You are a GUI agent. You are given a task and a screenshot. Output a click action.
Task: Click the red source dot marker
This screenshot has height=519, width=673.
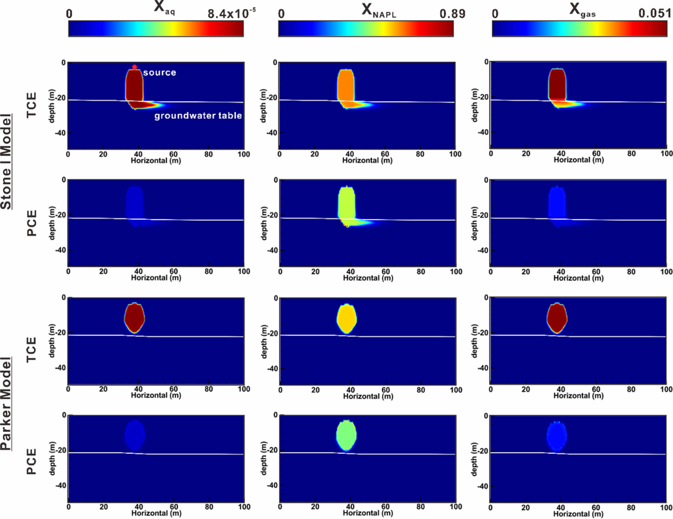coord(134,67)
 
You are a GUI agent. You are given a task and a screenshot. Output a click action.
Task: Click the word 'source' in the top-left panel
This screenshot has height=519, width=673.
coord(159,73)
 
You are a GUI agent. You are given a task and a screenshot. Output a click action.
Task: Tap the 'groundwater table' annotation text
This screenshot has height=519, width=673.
coord(198,116)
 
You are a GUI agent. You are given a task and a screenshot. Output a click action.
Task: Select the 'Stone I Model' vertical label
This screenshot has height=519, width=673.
coord(6,161)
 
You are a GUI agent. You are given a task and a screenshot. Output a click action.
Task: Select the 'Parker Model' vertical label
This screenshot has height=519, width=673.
coord(6,403)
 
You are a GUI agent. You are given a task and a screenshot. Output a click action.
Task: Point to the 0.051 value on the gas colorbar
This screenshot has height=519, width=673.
coord(655,13)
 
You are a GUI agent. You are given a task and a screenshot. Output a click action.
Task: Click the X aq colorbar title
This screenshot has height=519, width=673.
coord(164,8)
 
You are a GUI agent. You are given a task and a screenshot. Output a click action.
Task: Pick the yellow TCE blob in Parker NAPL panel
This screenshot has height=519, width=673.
coord(347,319)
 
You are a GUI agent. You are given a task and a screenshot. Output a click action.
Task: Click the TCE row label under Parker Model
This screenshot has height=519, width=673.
coord(31,350)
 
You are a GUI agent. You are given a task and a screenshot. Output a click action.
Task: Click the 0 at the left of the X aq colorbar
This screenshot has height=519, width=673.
coord(69,14)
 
